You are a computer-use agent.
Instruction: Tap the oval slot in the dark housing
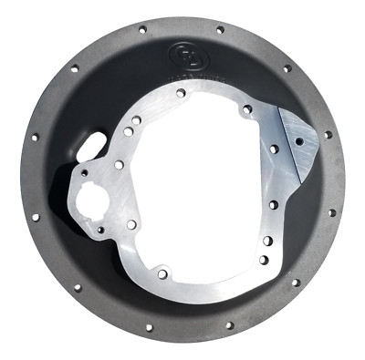92,146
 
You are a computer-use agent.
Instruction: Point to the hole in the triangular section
298,140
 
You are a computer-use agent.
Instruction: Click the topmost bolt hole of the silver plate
182,93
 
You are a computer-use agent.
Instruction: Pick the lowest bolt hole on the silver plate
162,273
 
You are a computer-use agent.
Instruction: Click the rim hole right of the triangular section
327,136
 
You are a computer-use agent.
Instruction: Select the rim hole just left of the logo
142,29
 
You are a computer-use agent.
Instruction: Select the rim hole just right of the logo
220,30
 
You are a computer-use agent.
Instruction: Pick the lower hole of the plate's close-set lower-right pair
263,260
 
